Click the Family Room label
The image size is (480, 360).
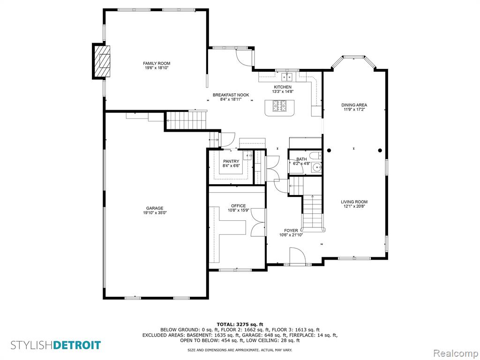point(157,63)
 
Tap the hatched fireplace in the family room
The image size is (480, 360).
point(102,61)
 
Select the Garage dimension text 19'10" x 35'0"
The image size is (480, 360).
point(155,213)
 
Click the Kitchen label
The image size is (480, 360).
point(283,87)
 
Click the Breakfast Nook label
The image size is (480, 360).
point(231,95)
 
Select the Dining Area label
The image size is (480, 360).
point(354,105)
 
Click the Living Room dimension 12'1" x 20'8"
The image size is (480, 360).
point(354,206)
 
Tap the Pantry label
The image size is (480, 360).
point(231,161)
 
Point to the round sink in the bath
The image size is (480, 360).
point(317,167)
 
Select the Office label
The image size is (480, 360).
point(239,206)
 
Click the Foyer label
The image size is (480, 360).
point(291,231)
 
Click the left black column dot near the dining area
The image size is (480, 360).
point(329,150)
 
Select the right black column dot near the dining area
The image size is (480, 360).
point(380,150)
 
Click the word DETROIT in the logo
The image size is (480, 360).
point(76,345)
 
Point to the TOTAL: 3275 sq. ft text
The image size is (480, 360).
point(240,324)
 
